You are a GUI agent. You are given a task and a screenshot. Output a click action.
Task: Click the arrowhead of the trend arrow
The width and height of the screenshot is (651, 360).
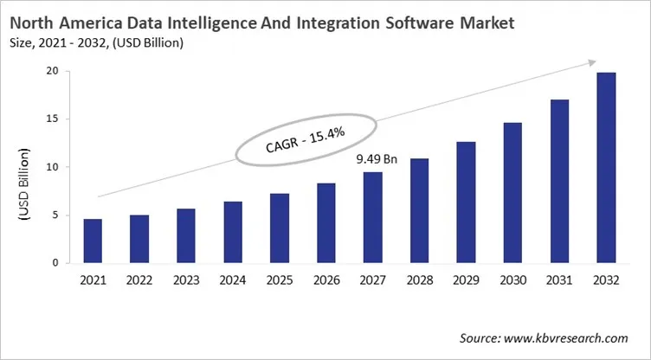point(592,61)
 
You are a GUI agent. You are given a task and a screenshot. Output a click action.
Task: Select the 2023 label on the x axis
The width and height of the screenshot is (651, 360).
point(185,281)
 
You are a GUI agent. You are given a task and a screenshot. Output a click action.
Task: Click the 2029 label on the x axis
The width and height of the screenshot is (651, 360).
point(466,281)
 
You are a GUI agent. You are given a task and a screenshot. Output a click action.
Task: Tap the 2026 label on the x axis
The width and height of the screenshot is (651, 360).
point(325,281)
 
